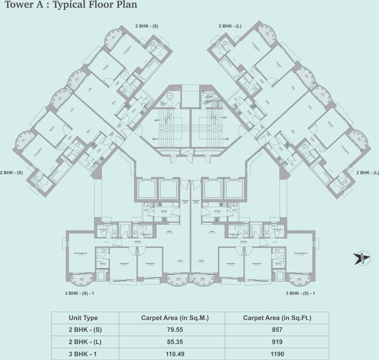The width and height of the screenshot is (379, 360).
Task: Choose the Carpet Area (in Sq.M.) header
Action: (172, 318)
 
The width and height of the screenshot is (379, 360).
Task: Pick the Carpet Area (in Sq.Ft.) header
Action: (276, 318)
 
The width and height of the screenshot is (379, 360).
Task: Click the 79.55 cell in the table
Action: (172, 330)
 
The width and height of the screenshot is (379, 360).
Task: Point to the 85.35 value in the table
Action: (172, 342)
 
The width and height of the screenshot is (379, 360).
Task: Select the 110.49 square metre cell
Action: (172, 354)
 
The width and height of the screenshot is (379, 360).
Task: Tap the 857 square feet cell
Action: (276, 330)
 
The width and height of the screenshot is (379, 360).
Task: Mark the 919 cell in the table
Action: (276, 342)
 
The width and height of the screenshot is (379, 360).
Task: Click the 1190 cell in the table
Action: (276, 354)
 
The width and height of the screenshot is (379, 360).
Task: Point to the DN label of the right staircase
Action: (226, 139)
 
